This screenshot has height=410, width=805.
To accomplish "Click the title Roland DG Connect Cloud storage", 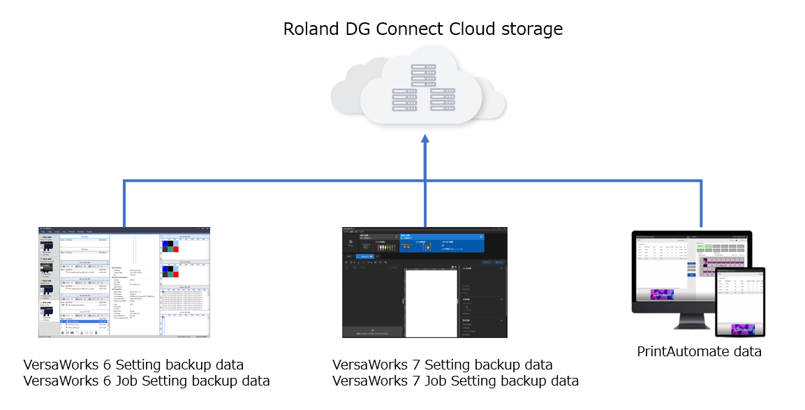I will (422, 29).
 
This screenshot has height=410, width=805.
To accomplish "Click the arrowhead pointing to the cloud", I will (424, 140).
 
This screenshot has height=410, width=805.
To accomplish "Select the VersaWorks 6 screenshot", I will (124, 283).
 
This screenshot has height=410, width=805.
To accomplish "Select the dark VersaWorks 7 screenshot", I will (424, 283).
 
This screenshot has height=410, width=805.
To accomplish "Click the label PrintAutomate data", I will (699, 351).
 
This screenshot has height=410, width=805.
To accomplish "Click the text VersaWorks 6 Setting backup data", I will (133, 365).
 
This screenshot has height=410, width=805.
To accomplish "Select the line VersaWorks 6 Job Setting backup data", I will (147, 381).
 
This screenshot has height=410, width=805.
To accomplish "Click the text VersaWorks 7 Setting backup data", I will (442, 365).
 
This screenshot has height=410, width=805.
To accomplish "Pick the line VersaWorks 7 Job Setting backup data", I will (455, 381).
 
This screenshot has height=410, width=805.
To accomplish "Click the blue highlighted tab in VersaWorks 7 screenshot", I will (441, 241).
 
